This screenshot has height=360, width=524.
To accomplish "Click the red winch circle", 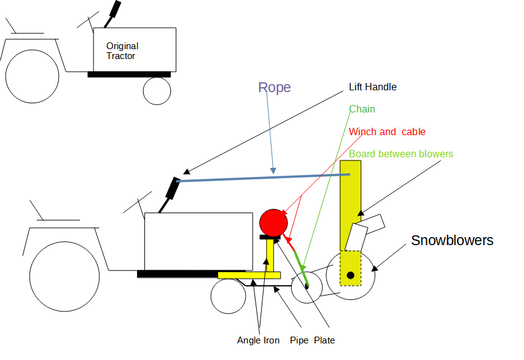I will [273, 221].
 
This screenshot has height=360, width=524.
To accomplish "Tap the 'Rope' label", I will [274, 88].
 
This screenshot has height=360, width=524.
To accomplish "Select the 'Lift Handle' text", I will [372, 87].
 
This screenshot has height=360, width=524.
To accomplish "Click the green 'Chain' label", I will [362, 109].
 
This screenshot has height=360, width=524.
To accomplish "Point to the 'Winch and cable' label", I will [386, 132].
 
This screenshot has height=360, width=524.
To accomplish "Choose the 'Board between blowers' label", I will [401, 154].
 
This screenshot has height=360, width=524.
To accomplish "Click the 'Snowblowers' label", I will [452, 240].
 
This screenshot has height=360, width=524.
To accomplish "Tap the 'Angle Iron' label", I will [258, 340].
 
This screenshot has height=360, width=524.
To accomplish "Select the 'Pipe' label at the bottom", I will [299, 340].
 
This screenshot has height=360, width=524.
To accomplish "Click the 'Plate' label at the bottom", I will [324, 340].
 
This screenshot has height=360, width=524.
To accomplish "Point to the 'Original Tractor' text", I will [122, 51].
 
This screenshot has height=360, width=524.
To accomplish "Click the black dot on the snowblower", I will [350, 275].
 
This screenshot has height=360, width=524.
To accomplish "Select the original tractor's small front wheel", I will [157, 90].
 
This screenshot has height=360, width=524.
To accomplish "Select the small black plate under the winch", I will [270, 237].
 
